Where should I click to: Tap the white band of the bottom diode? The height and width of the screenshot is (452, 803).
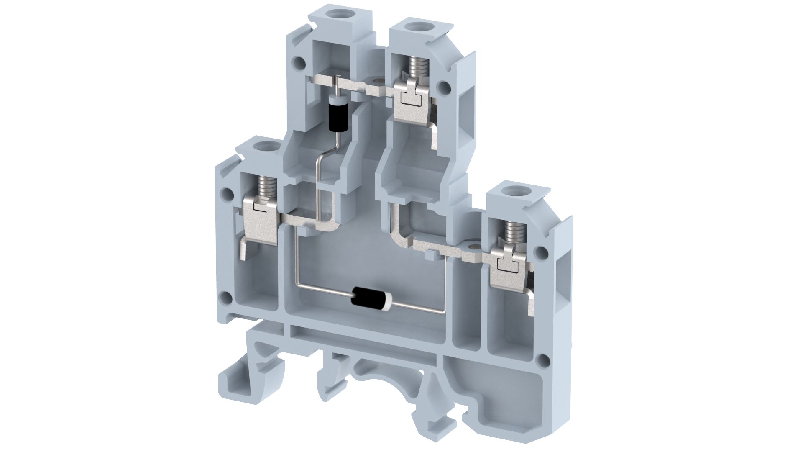(387, 300)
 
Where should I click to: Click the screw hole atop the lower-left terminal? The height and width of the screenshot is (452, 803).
(265, 147)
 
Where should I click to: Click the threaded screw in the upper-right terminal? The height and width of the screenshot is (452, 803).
(414, 65)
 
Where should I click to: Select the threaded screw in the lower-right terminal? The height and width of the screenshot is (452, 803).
(511, 232)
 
